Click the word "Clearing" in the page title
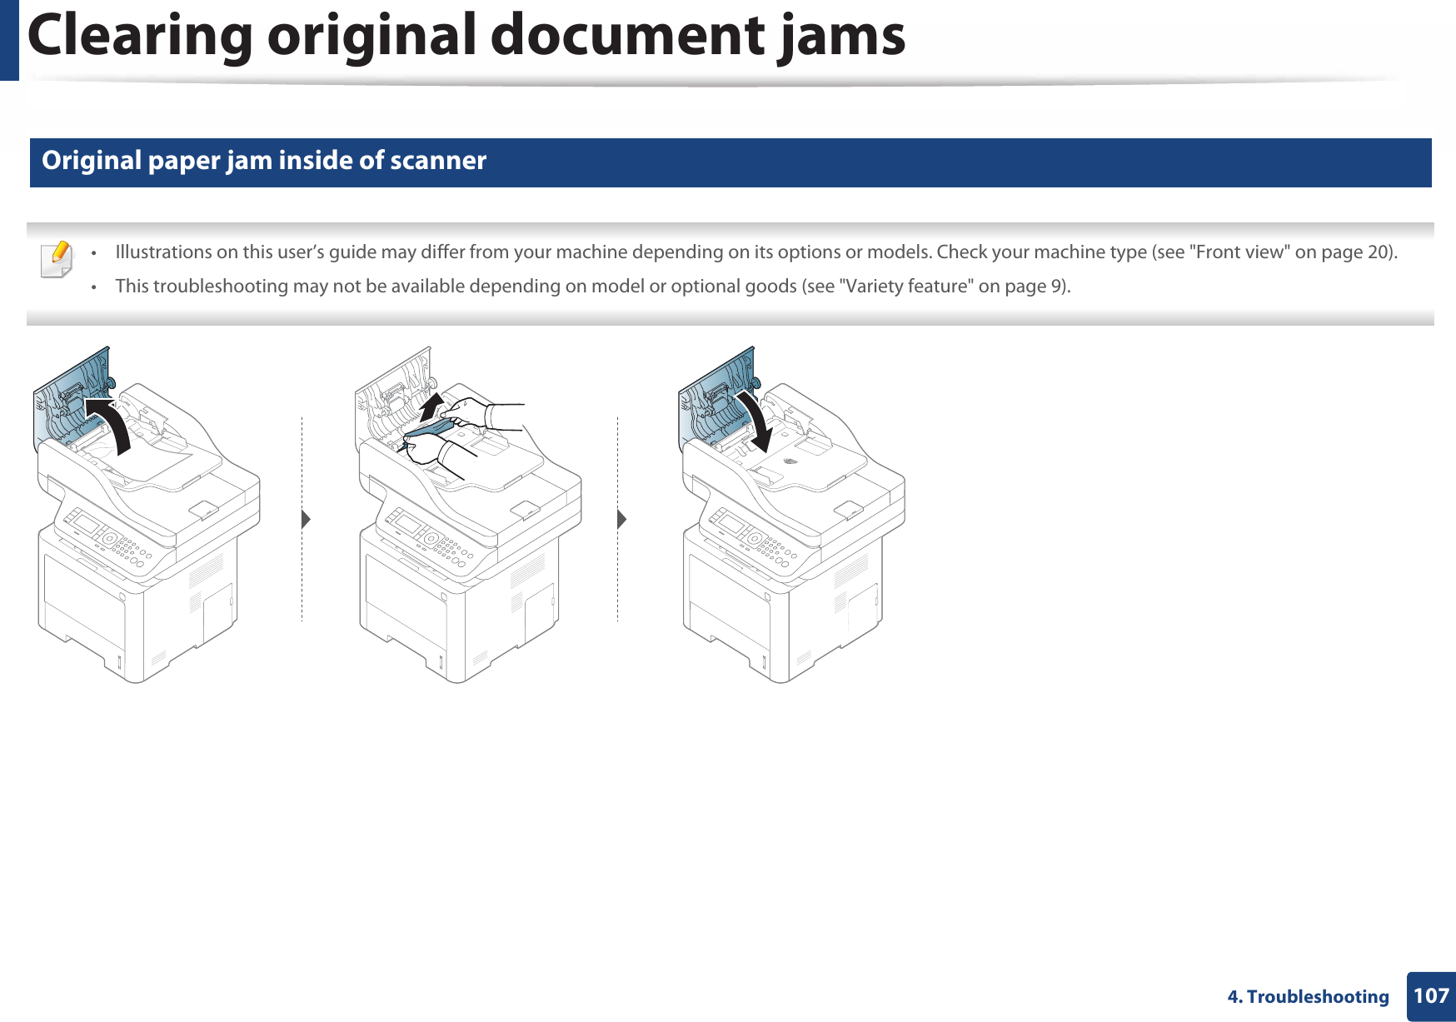click(139, 36)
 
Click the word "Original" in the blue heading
click(92, 160)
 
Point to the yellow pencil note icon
click(57, 259)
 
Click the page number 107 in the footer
click(1431, 995)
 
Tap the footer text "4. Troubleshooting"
click(1308, 996)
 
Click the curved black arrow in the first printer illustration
click(112, 421)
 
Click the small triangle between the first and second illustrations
click(306, 520)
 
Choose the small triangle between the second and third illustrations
click(621, 520)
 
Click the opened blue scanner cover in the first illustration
click(75, 391)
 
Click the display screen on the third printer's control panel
click(730, 523)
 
